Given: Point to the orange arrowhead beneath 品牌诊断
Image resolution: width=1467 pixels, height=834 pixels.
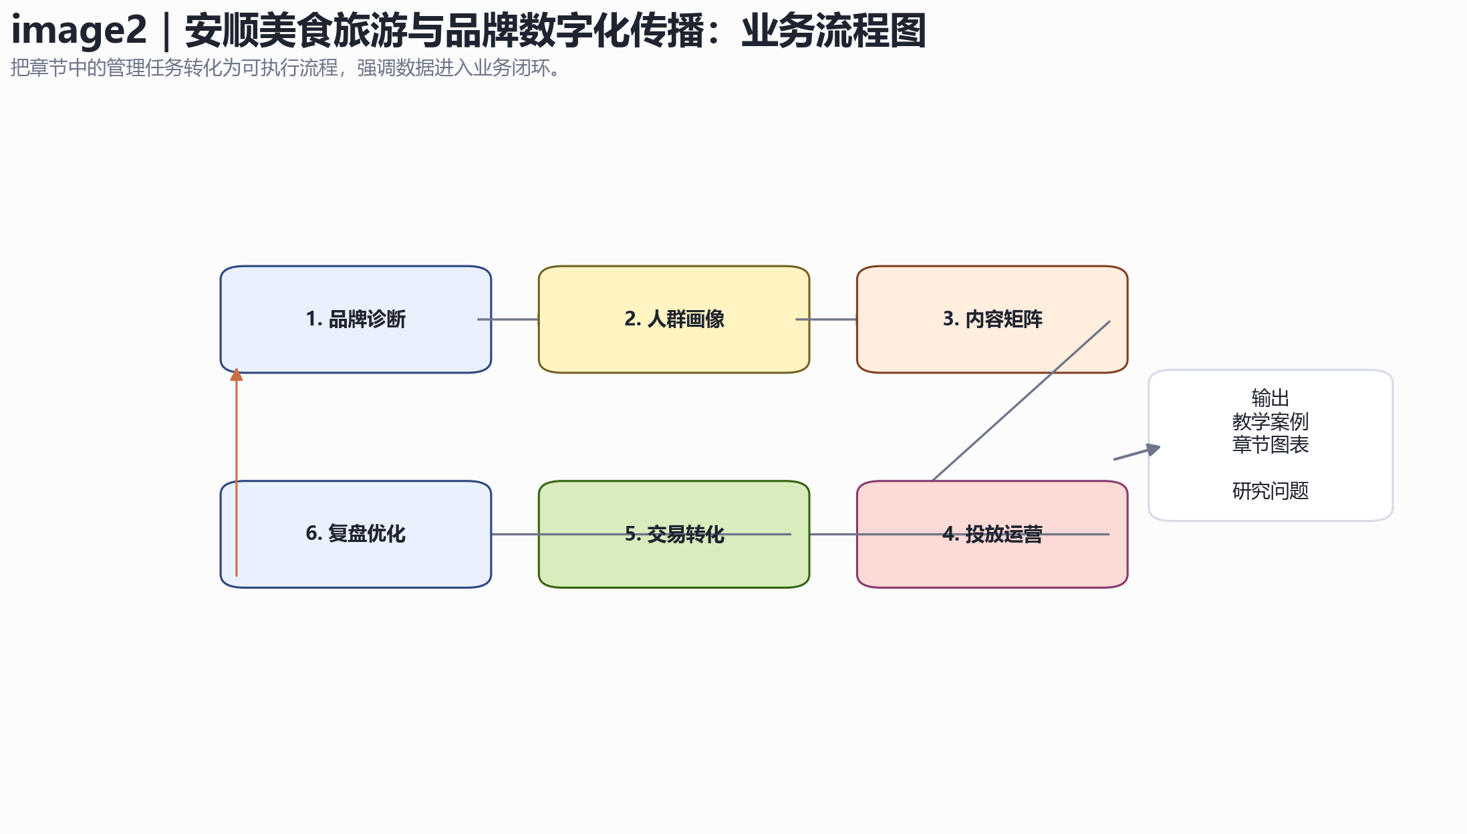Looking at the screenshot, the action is tap(237, 374).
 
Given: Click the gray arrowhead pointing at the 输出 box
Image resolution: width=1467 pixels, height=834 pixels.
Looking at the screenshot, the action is tap(1154, 450).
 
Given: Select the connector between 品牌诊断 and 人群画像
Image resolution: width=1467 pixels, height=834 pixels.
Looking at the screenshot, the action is tap(508, 319).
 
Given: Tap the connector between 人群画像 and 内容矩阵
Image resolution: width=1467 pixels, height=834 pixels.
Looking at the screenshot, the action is tap(826, 319).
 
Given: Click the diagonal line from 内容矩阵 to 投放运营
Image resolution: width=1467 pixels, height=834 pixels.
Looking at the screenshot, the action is tap(1021, 401).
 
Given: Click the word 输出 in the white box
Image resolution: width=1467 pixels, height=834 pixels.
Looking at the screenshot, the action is tap(1270, 398).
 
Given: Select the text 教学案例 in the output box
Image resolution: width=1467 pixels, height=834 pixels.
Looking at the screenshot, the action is tap(1270, 422).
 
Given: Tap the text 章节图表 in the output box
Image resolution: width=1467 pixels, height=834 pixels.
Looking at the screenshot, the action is tap(1270, 444).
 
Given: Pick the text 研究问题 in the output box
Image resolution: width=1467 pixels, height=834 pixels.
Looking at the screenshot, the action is tap(1270, 491).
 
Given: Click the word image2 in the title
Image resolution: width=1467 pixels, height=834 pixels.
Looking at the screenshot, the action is tap(79, 31).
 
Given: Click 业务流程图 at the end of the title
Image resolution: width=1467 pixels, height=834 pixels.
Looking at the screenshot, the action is tap(833, 31).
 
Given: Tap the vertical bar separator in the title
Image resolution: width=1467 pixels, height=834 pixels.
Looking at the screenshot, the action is tap(166, 31).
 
